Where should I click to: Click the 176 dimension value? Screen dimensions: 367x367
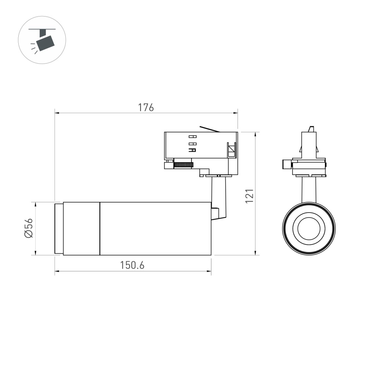tap(146, 108)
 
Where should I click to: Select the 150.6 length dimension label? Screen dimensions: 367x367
tap(132, 265)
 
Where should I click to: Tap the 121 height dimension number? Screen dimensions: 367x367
tap(250, 196)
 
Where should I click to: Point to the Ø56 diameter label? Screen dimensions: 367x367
tap(29, 228)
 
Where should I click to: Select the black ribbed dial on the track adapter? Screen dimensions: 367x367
tap(183, 164)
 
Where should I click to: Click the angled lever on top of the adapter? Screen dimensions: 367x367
tap(209, 129)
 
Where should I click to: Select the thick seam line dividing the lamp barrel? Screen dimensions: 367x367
tap(100, 228)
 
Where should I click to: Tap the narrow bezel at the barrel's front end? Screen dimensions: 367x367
tap(59, 228)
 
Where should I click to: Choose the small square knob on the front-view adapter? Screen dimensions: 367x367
tap(287, 164)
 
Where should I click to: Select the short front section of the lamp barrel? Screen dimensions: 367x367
tap(81, 228)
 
